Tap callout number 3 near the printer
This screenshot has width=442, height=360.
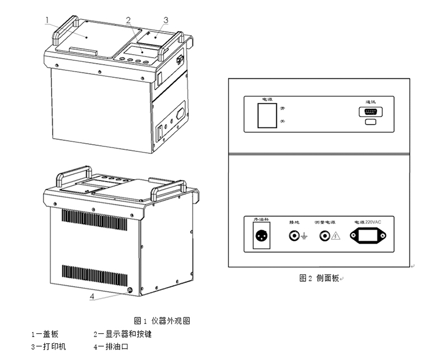point(166,20)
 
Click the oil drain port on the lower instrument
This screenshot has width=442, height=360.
point(130,290)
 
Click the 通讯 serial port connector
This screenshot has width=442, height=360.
point(369,112)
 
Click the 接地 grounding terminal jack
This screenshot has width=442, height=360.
point(293,236)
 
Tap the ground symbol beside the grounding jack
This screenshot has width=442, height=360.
point(304,237)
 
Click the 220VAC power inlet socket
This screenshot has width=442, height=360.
point(369,236)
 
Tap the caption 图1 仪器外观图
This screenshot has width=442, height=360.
point(163,321)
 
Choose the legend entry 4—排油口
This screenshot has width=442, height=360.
point(111,347)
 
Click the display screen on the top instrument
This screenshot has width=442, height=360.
point(133,51)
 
